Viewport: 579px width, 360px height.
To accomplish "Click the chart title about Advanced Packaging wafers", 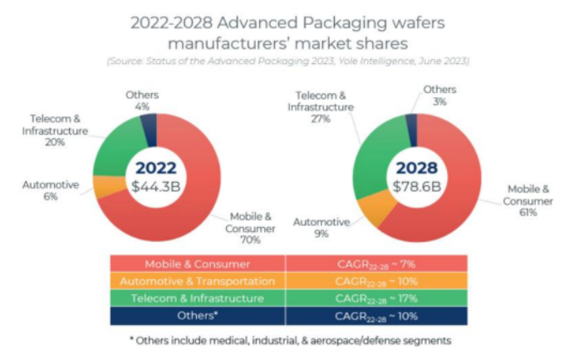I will tap(288, 32).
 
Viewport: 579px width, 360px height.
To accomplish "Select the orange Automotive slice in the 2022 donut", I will tap(105, 186).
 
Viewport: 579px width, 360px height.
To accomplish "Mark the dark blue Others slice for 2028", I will tap(410, 124).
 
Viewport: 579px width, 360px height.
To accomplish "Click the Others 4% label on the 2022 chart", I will tap(143, 101).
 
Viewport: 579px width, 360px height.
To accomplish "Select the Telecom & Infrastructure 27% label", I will tap(314, 106).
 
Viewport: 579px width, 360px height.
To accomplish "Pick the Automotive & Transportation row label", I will tap(197, 281).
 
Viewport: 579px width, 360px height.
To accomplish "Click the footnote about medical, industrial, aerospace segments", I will tap(288, 341).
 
